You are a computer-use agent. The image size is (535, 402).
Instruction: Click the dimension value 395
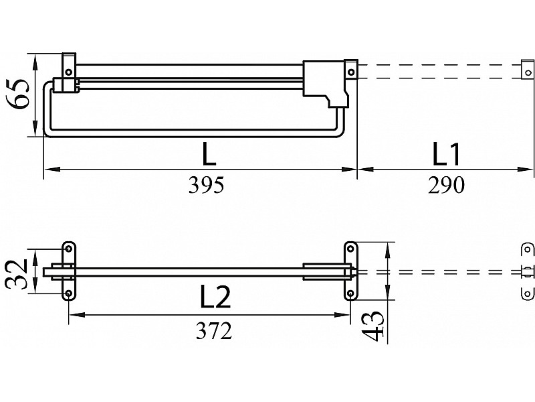[207, 186]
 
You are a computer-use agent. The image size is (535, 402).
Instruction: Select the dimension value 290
[446, 186]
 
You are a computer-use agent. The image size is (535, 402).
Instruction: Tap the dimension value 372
[214, 330]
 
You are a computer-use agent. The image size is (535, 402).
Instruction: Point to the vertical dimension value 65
[18, 94]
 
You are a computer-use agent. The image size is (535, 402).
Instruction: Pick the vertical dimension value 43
[374, 326]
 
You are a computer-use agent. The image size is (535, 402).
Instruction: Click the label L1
[446, 154]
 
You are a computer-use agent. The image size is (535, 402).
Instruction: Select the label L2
[215, 296]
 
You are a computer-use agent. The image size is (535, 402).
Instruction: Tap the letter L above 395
[209, 154]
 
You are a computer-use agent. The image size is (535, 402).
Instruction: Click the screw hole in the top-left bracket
[69, 72]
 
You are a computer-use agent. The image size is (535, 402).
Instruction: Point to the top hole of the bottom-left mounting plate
[69, 249]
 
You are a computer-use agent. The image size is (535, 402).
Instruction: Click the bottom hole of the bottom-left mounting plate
[69, 293]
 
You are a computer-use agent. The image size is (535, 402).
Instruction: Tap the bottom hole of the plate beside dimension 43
[350, 293]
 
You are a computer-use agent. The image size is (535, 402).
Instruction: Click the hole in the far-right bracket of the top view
[528, 72]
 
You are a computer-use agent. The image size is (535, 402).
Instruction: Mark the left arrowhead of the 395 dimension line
[52, 170]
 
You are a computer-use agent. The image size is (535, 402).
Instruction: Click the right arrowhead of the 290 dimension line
[525, 170]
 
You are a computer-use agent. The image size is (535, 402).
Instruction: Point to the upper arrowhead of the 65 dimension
[35, 62]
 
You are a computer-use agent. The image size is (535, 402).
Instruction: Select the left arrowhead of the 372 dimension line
[77, 314]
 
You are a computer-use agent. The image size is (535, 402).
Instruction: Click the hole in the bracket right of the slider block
[351, 72]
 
